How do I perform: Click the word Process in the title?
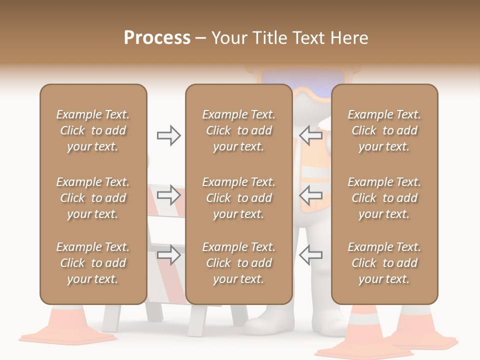157,38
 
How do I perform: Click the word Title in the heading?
270,38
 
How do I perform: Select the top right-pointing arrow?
168,135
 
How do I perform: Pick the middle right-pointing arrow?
168,194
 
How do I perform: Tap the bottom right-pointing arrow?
168,255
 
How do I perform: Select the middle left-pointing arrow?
311,194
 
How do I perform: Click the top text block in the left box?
93,130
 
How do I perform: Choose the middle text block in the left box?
93,198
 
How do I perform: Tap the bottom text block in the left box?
93,263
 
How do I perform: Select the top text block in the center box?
238,130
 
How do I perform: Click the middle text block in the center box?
238,198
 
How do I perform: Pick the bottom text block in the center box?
238,263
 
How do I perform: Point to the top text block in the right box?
384,130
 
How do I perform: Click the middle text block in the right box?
384,198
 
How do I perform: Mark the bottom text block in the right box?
384,263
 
